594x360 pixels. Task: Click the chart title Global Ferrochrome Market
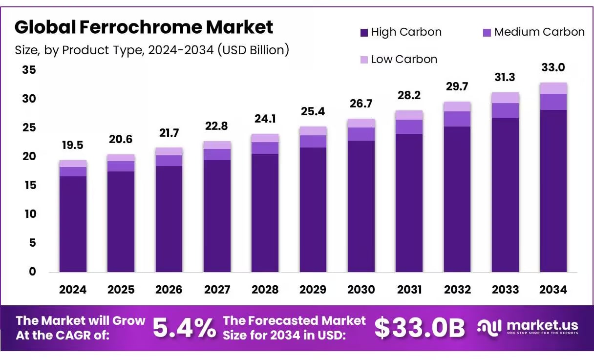(x=144, y=27)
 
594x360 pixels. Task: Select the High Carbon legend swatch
(x=364, y=33)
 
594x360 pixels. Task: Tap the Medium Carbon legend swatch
(x=487, y=33)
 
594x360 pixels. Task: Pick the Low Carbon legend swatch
(x=364, y=60)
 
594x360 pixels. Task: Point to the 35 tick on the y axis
(x=29, y=70)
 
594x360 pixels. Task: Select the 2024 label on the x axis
(x=73, y=290)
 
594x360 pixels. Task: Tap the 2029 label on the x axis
(x=313, y=290)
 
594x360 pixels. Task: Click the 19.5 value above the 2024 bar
(x=73, y=145)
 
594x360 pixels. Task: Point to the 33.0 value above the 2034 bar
(x=553, y=67)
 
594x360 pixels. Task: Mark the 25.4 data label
(x=313, y=112)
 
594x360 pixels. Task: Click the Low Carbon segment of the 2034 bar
(x=553, y=88)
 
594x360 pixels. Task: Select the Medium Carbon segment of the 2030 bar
(x=361, y=134)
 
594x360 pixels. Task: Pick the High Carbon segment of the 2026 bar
(x=169, y=219)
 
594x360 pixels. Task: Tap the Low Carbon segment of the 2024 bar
(x=73, y=164)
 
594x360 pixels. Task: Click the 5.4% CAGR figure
(x=184, y=328)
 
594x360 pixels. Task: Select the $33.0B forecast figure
(x=420, y=328)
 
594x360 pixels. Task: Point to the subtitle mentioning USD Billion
(x=152, y=49)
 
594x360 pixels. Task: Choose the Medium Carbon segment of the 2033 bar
(x=505, y=110)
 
